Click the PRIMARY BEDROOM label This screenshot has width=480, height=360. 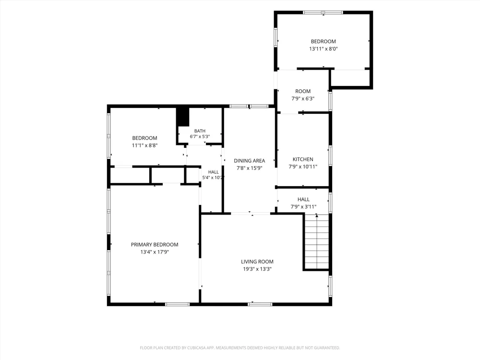click(x=155, y=245)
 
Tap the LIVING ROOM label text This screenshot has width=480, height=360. click(x=257, y=262)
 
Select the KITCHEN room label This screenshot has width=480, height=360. click(x=303, y=159)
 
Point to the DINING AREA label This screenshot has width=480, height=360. click(x=250, y=161)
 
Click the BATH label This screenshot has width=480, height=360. click(x=200, y=131)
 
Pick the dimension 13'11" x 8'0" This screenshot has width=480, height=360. click(x=323, y=48)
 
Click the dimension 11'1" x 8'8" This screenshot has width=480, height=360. click(x=145, y=145)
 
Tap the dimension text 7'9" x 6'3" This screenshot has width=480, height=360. click(x=303, y=98)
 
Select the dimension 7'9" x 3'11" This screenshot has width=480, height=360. click(x=303, y=206)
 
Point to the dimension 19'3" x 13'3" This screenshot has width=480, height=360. click(x=257, y=269)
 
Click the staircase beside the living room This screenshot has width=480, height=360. click(x=316, y=242)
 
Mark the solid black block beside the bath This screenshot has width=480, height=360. click(x=183, y=117)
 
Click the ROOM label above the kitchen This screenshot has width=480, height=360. click(x=303, y=91)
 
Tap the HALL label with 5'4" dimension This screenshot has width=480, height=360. click(x=214, y=172)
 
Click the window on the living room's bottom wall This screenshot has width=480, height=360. click(x=260, y=304)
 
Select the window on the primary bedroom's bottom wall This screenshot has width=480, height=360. click(x=177, y=304)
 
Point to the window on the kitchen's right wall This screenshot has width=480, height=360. click(x=330, y=156)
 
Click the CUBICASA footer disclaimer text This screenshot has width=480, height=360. click(x=240, y=348)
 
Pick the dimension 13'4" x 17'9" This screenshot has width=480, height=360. click(x=155, y=252)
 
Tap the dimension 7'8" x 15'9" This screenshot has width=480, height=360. click(x=250, y=168)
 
